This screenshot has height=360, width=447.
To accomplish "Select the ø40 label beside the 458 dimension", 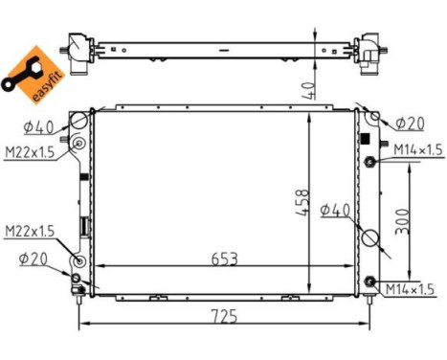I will pos(338,210).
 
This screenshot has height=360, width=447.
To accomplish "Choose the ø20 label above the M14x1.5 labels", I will pos(410,123).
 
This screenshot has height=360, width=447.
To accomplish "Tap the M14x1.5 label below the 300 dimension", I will pos(413,289).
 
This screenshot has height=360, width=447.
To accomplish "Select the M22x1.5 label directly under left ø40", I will pos(29,153).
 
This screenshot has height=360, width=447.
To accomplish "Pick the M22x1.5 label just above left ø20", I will pos(29,231).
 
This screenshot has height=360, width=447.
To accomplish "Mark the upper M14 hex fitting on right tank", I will pos(370,161).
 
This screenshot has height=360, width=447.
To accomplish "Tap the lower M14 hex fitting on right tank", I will pos(370,281).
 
